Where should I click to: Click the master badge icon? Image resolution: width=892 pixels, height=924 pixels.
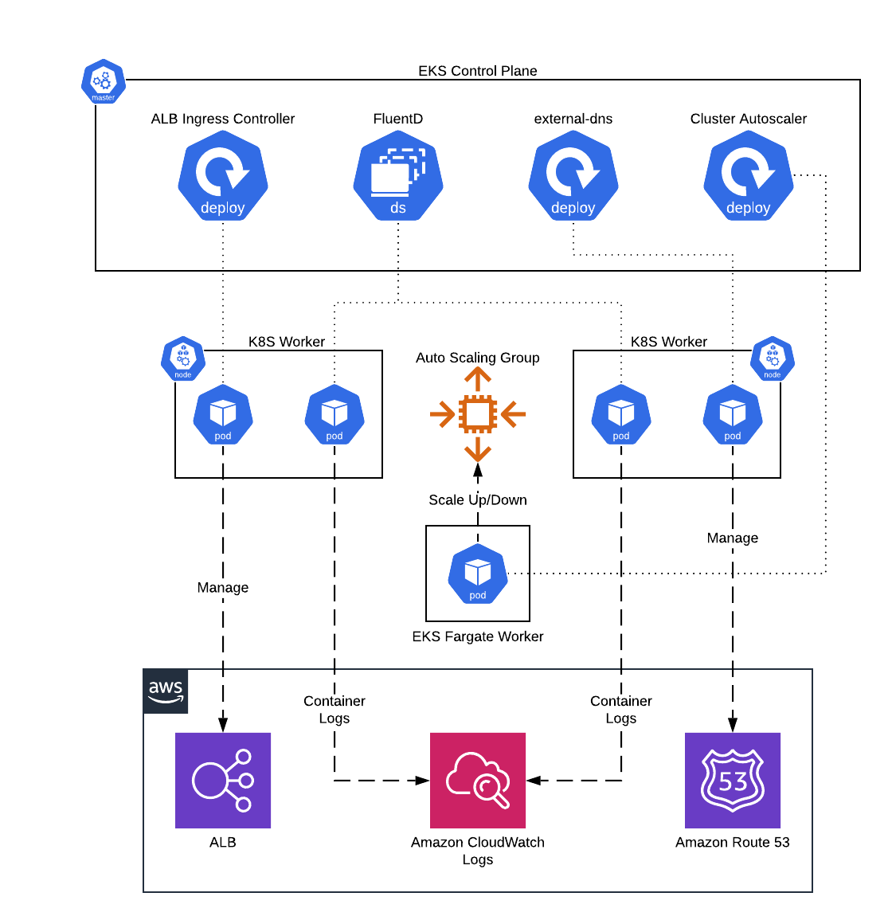tap(104, 81)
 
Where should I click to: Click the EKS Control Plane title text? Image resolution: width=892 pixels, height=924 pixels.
tap(478, 71)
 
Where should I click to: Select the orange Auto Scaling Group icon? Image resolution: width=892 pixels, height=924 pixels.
tap(478, 414)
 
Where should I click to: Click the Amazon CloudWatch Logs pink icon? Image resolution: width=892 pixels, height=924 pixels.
tap(478, 781)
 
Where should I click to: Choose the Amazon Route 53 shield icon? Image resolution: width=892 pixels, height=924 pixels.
tap(733, 781)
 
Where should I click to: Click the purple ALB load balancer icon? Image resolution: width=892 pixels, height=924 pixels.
tap(223, 781)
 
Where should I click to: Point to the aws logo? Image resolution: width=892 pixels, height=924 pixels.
tap(166, 691)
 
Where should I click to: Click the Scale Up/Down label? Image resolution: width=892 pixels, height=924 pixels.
tap(478, 500)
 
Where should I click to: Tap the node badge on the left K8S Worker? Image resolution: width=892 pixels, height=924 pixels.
tap(183, 359)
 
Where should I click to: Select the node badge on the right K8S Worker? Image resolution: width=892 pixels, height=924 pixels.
tap(773, 359)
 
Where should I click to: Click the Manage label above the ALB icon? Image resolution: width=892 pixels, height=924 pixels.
tap(223, 588)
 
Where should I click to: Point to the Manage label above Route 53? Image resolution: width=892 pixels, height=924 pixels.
tap(733, 538)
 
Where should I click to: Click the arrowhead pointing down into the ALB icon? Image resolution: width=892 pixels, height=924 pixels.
tap(223, 725)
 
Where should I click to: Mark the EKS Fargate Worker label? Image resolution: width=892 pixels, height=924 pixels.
tap(478, 636)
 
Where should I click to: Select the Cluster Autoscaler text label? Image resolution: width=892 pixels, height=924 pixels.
tap(749, 119)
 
